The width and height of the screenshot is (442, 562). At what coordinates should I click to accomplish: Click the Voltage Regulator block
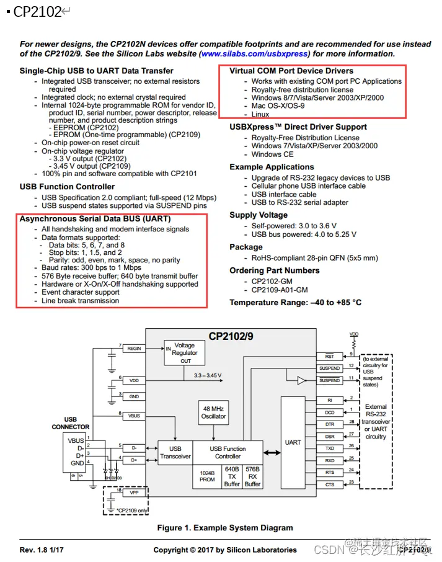tap(184, 353)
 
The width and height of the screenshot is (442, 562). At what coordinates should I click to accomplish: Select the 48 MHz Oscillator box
tap(213, 413)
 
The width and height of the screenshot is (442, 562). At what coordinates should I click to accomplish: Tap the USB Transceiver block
tap(175, 452)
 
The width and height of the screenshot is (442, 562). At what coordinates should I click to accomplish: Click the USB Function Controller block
tap(228, 452)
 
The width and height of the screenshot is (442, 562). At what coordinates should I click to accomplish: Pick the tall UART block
tap(293, 442)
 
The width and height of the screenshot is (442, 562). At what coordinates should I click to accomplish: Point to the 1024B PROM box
tap(207, 476)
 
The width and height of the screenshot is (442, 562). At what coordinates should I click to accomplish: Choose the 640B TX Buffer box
tap(232, 476)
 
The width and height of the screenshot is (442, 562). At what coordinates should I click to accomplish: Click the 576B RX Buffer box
tap(252, 476)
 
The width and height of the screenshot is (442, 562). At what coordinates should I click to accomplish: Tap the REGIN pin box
tap(134, 349)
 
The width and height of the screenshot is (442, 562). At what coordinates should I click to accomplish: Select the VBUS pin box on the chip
tap(134, 415)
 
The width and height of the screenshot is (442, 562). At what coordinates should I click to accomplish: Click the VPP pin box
tap(134, 493)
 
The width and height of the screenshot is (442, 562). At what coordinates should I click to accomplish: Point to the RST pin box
tap(329, 357)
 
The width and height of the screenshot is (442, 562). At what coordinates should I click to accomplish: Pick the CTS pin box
tap(329, 484)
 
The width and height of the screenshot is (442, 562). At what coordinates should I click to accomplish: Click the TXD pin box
tap(329, 448)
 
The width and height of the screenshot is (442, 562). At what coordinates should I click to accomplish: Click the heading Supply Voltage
tap(259, 215)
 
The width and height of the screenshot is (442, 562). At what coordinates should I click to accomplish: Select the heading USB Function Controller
tap(67, 187)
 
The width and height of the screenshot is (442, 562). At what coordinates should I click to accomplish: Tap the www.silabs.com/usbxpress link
tap(254, 54)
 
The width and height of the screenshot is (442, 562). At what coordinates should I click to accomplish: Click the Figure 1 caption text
tap(224, 528)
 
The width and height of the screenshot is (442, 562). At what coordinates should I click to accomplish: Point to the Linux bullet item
tap(260, 115)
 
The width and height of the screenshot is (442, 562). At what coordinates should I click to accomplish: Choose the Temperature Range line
tap(295, 303)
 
